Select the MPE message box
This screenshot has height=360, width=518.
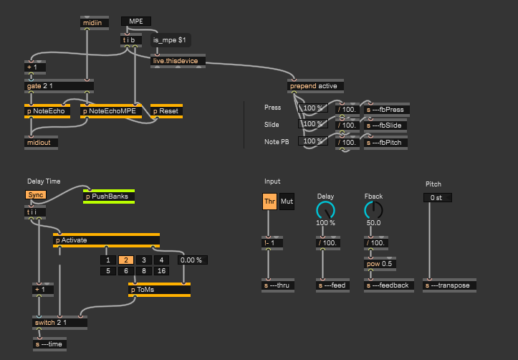[136, 22]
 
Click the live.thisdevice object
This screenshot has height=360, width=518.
[178, 61]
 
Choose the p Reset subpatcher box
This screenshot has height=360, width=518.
[166, 111]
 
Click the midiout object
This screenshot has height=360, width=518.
[42, 141]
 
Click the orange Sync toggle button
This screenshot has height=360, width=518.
[36, 195]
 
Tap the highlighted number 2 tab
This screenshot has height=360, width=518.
[125, 260]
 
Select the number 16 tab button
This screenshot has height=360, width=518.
[161, 271]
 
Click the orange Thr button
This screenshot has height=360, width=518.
[269, 202]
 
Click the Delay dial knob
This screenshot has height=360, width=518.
[325, 209]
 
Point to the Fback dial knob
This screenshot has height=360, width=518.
[373, 209]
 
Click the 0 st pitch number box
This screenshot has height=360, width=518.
[437, 197]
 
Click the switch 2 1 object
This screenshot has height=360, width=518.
[59, 322]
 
